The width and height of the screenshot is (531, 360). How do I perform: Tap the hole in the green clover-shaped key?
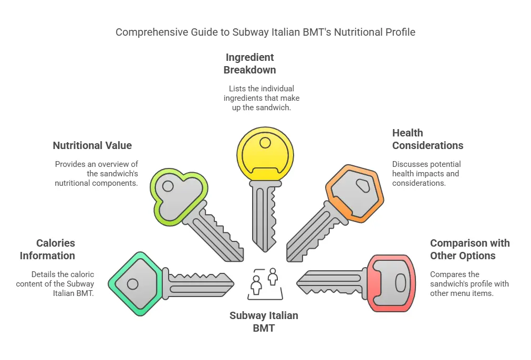[168, 186]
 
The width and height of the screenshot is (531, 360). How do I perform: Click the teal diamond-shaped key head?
[134, 284]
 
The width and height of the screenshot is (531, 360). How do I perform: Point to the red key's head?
[392, 284]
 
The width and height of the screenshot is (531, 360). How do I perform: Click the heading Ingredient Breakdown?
[249, 63]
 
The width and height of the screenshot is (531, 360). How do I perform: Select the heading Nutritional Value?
[92, 145]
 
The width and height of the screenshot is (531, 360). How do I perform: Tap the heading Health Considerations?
[428, 139]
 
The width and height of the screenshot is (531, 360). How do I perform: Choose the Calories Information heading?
[48, 249]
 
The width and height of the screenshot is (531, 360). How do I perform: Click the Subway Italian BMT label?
[264, 322]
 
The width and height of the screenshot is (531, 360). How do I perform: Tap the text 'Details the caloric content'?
[56, 283]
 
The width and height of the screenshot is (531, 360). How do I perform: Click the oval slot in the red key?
[400, 283]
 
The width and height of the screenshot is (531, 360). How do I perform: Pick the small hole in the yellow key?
[265, 142]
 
